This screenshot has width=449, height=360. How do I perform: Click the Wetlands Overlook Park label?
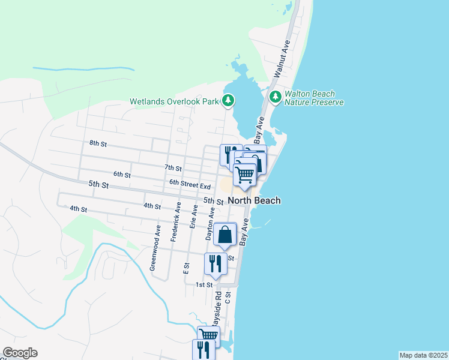tap(175, 101)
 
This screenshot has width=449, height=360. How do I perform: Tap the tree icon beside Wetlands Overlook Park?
tap(228, 100)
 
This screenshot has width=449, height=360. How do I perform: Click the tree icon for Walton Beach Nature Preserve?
tap(276, 97)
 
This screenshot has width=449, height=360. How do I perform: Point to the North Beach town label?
tap(254, 200)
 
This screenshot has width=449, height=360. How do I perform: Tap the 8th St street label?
tap(98, 144)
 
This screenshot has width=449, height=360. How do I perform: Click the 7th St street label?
tap(173, 167)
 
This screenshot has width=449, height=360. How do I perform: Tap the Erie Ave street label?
tap(194, 217)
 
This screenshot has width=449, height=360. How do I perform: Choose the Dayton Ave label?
tap(210, 224)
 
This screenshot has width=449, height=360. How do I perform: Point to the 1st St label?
tap(204, 285)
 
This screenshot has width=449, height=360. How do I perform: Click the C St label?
tap(228, 300)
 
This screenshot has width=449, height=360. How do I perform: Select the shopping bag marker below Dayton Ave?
tap(224, 235)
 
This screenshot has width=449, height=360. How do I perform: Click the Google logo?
tap(20, 353)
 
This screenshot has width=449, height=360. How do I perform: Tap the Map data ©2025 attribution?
tap(423, 355)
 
